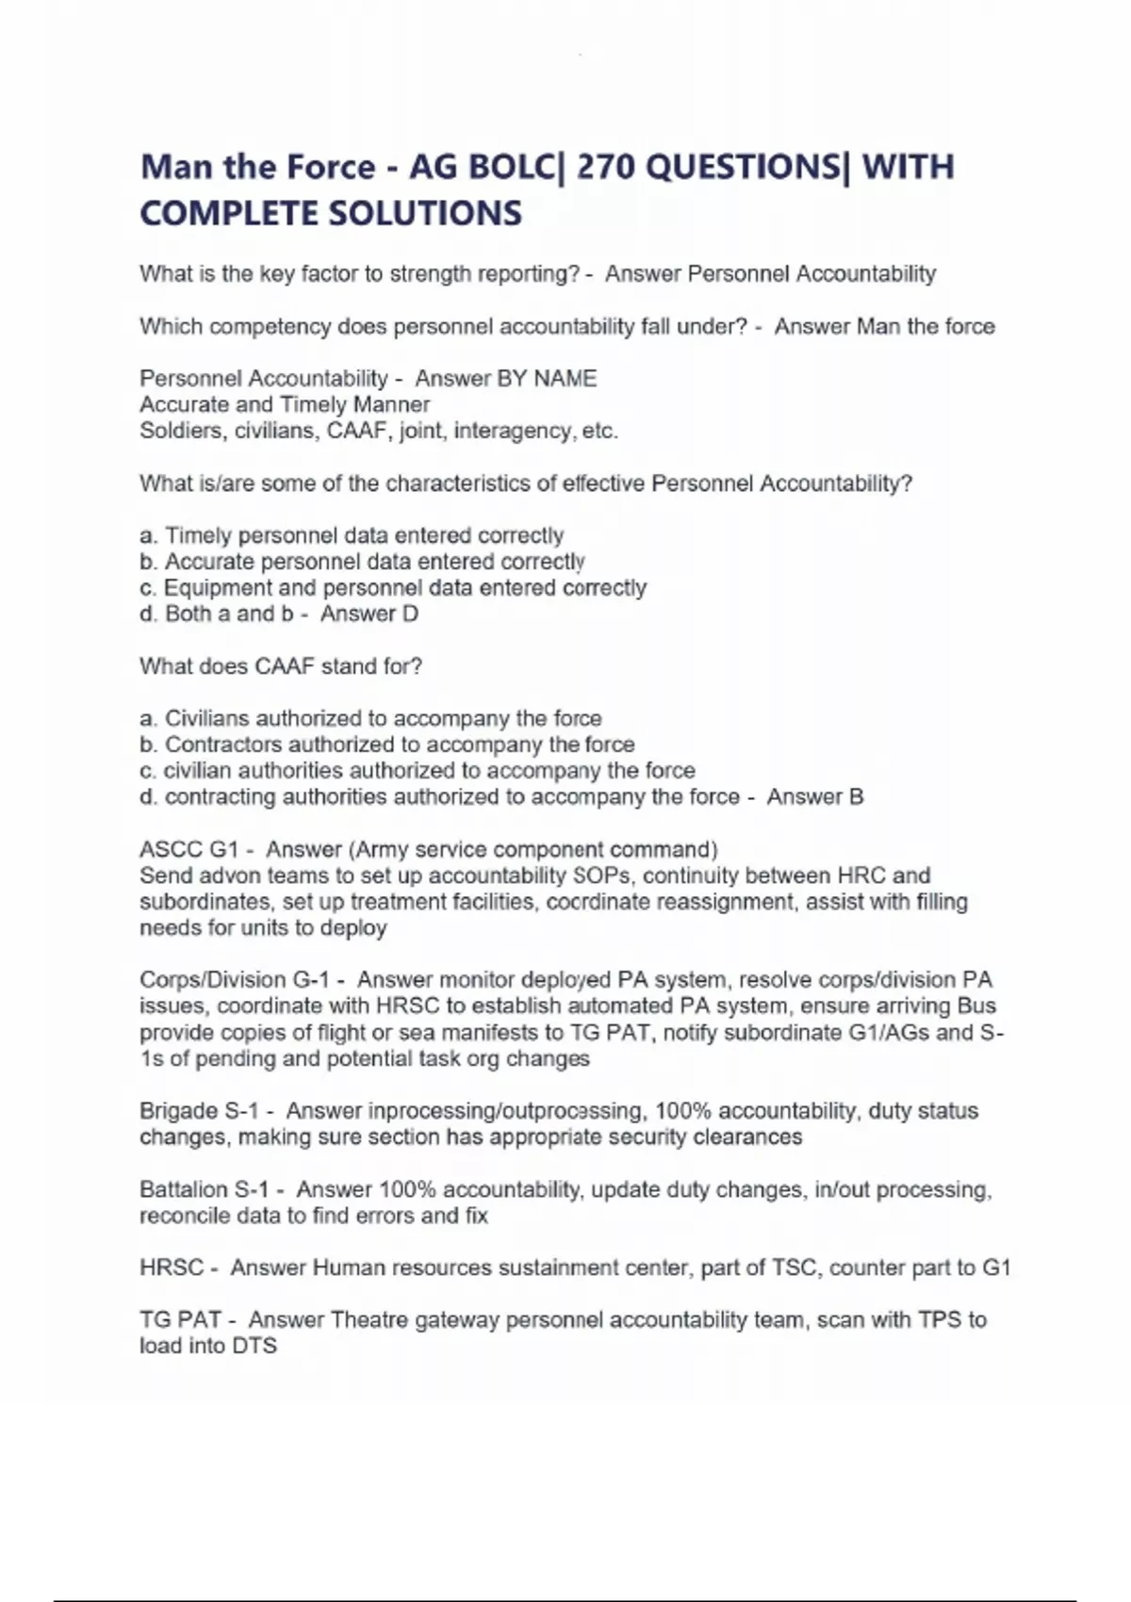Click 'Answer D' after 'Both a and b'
click(x=369, y=614)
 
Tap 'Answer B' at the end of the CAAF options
click(x=814, y=797)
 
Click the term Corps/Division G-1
click(x=242, y=980)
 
